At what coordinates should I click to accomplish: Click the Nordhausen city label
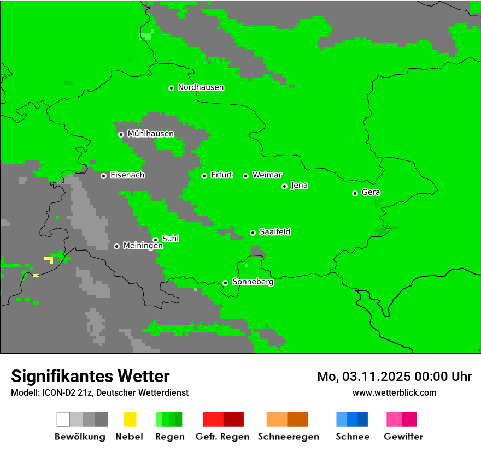[201, 87]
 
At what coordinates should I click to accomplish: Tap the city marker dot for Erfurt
[204, 176]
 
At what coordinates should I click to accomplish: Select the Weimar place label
[267, 175]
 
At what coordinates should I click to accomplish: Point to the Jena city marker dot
[284, 186]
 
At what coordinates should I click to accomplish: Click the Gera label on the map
[371, 193]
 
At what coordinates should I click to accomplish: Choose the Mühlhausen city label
[150, 134]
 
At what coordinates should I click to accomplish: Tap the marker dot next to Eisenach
[103, 176]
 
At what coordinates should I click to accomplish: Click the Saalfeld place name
[274, 232]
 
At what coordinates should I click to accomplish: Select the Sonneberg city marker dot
[225, 283]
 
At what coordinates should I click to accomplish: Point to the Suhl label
[170, 239]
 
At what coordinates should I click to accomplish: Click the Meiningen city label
[143, 246]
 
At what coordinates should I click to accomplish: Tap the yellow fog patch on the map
[49, 259]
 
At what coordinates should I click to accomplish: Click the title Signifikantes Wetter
[90, 376]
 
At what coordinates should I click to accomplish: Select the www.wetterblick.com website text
[394, 392]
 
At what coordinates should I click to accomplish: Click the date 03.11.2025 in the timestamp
[377, 377]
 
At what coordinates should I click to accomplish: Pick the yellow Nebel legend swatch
[130, 419]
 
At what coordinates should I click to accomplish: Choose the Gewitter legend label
[403, 437]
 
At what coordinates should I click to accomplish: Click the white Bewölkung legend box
[63, 419]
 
